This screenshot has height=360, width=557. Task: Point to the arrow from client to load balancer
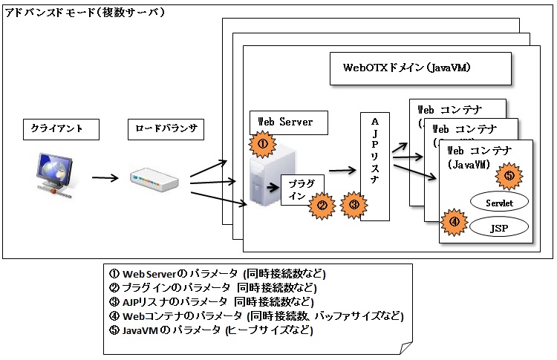tap(105, 178)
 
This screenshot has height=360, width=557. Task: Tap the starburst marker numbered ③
tap(354, 203)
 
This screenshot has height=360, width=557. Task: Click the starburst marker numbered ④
tap(455, 221)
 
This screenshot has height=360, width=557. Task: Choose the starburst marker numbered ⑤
tap(509, 176)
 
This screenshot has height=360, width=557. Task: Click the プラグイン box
tap(297, 189)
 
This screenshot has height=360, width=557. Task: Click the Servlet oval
tap(498, 201)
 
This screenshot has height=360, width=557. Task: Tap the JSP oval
tap(499, 227)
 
